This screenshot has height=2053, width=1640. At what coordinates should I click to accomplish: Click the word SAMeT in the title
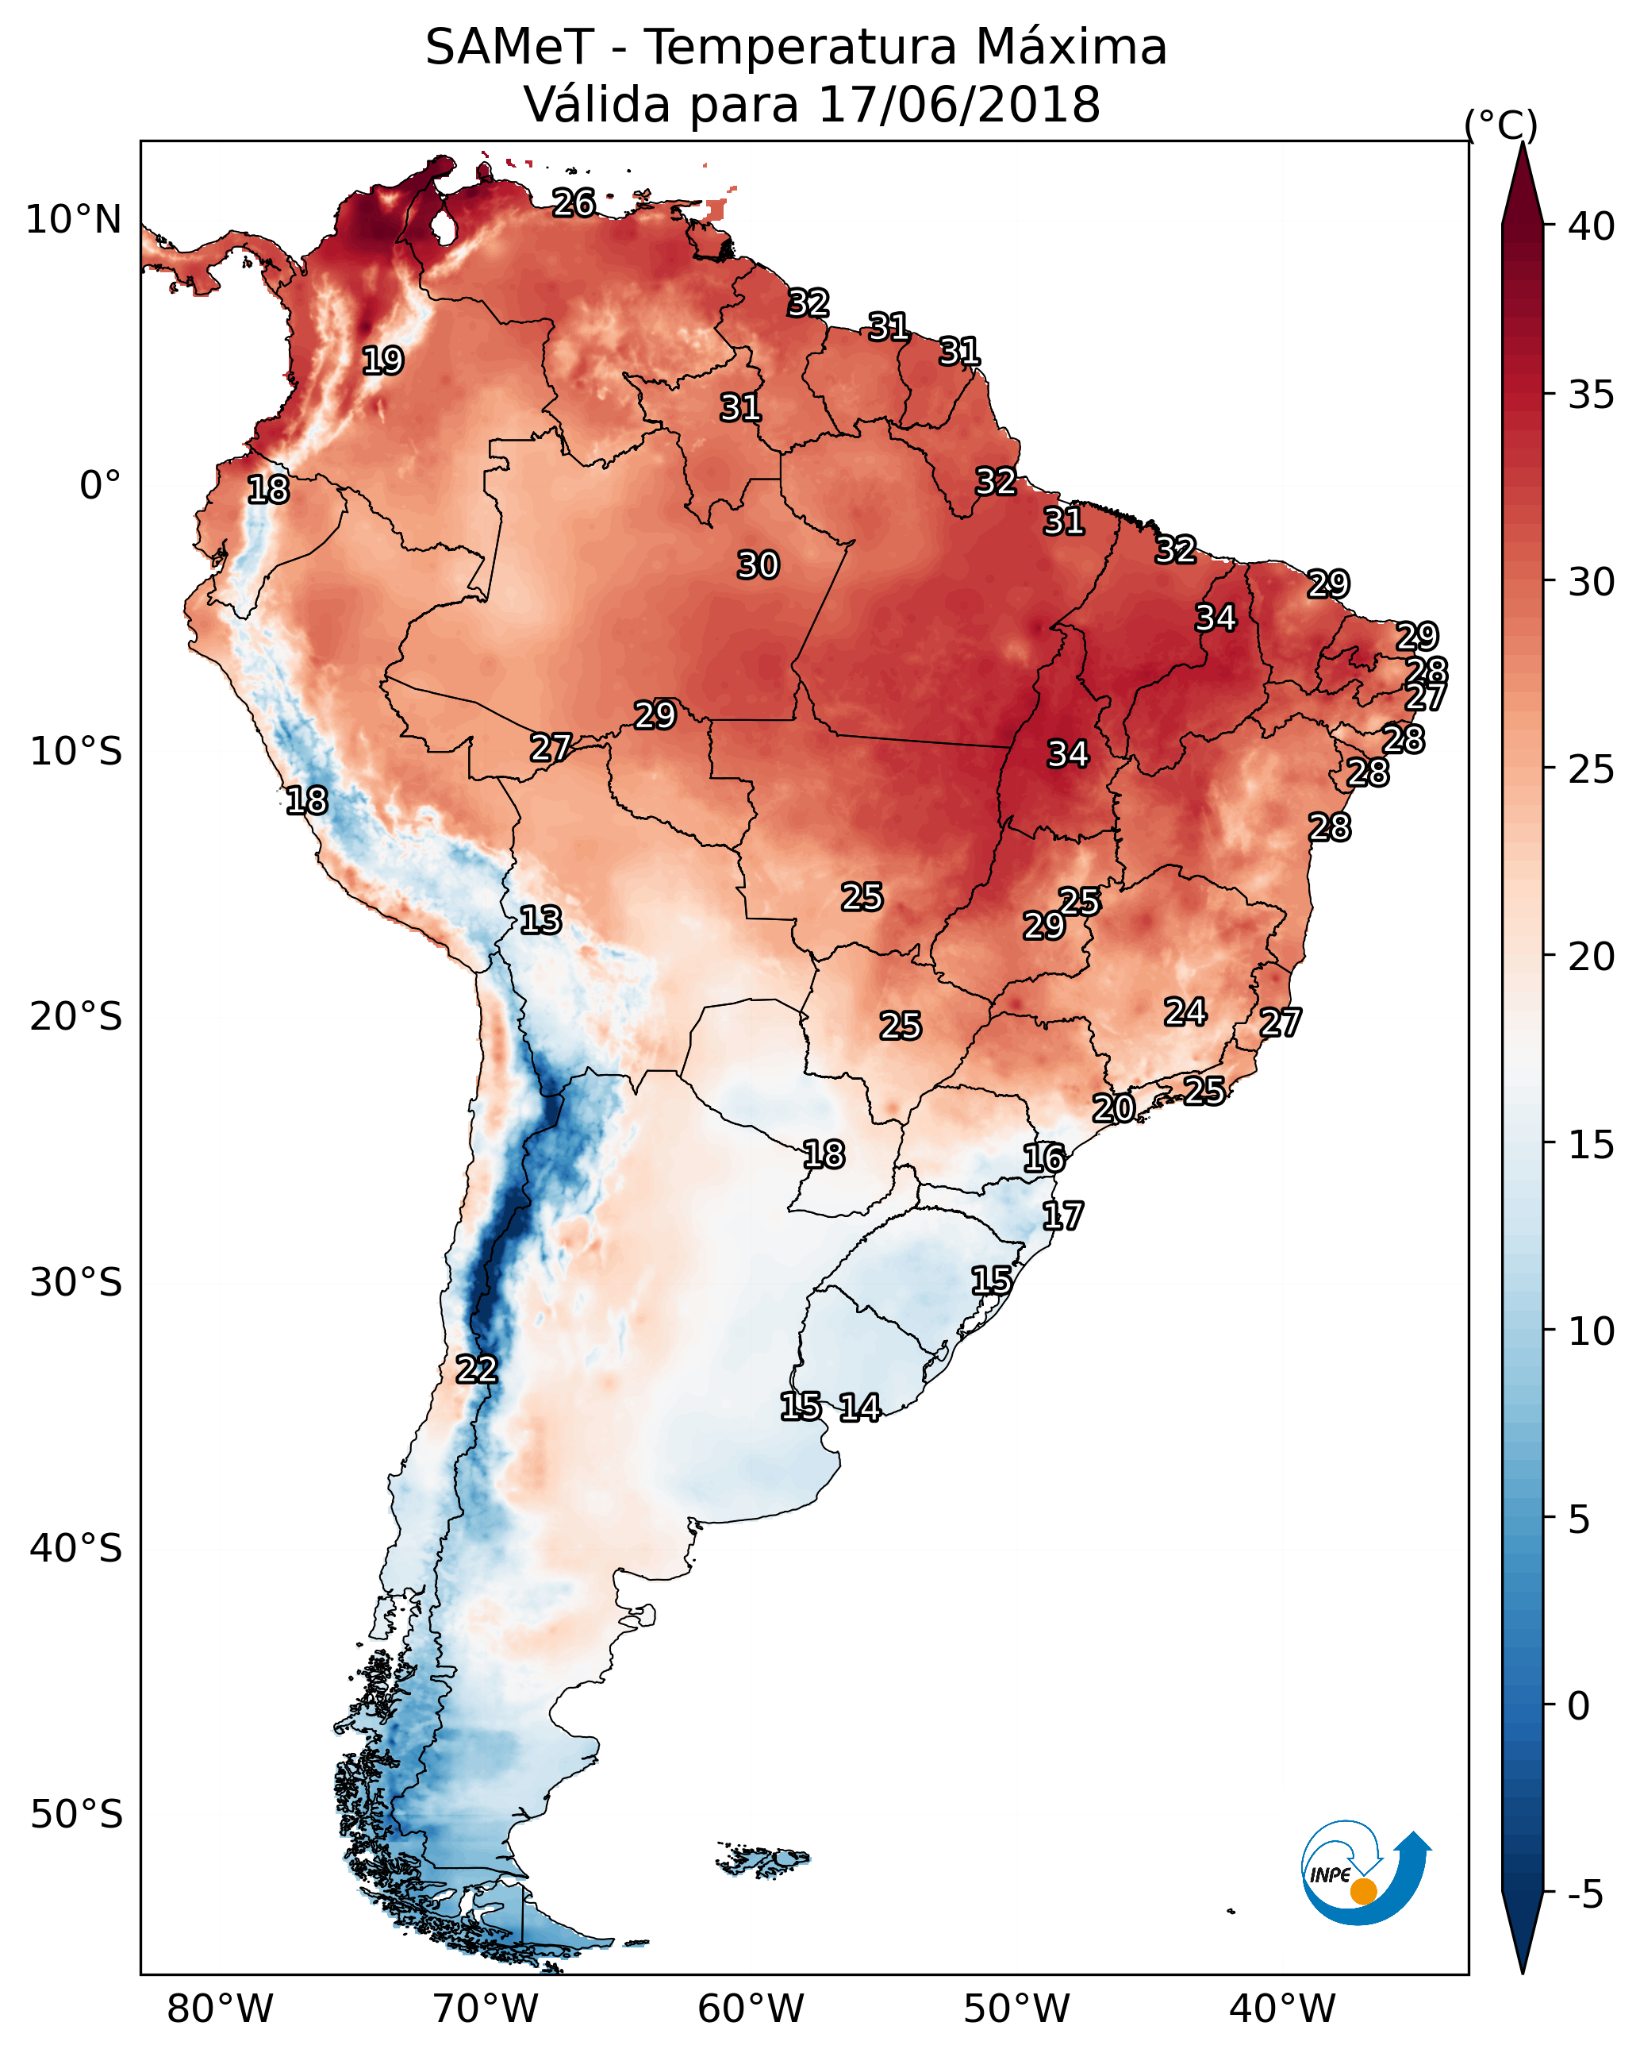pos(509,48)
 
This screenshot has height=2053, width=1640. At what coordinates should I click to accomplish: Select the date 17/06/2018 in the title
pos(958,105)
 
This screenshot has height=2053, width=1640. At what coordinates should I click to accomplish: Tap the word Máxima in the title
pos(1072,48)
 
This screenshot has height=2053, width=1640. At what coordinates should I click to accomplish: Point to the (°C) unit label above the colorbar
pos(1500,125)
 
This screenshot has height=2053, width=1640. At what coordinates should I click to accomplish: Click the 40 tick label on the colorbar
pos(1592,226)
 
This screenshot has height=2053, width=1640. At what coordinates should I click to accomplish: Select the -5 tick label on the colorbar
pos(1584,1894)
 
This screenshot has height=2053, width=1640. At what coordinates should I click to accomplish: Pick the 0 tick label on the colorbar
pos(1578,1706)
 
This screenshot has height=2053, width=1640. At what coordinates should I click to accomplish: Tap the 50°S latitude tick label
pos(76,1815)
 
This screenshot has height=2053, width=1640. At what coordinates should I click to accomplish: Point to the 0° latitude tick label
pos(100,486)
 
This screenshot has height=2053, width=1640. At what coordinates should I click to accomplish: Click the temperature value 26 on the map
pos(574,202)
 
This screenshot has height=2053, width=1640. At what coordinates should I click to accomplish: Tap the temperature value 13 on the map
pos(540,920)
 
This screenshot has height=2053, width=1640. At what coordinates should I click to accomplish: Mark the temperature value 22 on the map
pos(476,1369)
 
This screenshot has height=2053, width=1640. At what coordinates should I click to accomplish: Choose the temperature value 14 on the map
pos(859,1408)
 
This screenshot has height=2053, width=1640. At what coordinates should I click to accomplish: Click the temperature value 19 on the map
pos(382,361)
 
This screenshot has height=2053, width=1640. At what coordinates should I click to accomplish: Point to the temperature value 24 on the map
pos(1185,1011)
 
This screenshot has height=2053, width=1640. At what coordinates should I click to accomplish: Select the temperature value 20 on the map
pos(1112,1107)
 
